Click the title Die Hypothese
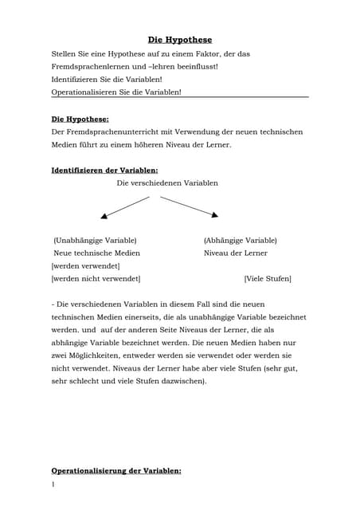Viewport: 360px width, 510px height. pos(180,39)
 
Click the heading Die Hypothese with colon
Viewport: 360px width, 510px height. pos(80,119)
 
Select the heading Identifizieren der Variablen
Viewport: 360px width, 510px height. pos(104,170)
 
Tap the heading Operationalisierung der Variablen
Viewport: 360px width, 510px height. pos(116,470)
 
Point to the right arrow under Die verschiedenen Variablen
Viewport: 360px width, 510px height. pos(190,206)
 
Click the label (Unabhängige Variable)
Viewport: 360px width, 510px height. pos(95,240)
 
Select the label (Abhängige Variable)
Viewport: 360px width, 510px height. pos(240,240)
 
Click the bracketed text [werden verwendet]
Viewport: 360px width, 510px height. pos(85,265)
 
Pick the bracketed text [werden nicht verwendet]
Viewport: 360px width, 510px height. pos(96,278)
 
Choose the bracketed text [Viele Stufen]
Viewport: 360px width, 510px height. pos(268,278)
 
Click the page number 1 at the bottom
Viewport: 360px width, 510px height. pos(53,484)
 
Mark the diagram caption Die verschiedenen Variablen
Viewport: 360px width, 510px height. pos(167,182)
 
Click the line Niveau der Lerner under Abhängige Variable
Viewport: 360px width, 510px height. pos(235,253)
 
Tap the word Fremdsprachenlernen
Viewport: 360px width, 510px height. pos(88,67)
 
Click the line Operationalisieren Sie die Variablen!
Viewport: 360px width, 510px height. pos(116,92)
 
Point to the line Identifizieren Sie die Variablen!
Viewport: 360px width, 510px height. pos(106,80)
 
